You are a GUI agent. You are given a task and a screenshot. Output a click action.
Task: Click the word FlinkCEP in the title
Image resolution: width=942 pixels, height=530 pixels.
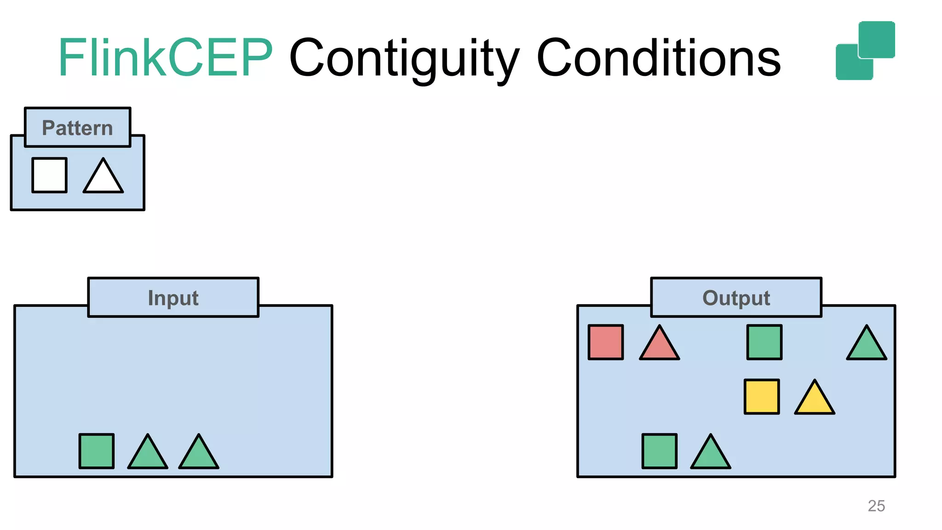coord(166,58)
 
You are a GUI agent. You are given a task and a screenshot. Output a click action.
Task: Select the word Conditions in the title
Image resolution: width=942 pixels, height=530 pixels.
coord(658,58)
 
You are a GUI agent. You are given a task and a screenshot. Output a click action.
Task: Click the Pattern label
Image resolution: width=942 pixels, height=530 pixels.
coord(77,128)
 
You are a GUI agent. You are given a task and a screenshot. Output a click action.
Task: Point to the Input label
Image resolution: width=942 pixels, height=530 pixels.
coord(173,298)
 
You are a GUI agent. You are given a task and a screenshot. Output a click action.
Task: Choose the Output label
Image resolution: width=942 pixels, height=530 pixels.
coord(736,298)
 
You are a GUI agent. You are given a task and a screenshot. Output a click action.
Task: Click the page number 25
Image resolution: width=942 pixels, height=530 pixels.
coord(876,506)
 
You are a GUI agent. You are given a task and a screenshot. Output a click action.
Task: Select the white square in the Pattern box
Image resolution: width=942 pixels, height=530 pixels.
coord(50,175)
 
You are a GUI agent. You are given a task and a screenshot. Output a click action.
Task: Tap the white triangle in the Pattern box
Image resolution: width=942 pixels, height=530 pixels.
coord(103,179)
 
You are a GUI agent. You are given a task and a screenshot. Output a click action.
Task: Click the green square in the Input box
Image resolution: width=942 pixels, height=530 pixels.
coord(97,451)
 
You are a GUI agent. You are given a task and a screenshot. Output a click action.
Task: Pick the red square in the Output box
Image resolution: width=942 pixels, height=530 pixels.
coord(606,342)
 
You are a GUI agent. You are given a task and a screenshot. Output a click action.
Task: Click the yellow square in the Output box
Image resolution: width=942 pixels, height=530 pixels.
coord(762,397)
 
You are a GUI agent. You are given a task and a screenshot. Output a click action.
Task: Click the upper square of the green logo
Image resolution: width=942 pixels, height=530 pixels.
coord(877,39)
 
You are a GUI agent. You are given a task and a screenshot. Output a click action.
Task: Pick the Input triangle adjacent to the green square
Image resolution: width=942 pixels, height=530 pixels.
coord(148,455)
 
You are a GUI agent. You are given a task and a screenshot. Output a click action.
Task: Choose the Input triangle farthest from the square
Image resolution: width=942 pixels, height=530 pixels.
coord(199,455)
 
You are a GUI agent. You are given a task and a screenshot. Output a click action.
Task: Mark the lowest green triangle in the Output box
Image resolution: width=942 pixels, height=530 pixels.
coord(711,455)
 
